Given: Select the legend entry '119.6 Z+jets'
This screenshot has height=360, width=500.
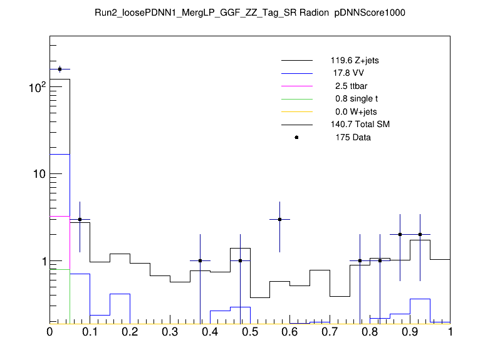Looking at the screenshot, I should [x=355, y=61].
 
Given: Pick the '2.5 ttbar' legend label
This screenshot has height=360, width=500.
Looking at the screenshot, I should [x=352, y=86].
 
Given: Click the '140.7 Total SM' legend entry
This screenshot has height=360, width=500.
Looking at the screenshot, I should [x=360, y=125].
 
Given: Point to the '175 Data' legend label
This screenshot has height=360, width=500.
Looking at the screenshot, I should [x=353, y=137].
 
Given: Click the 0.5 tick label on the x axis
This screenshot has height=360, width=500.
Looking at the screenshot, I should [x=250, y=332].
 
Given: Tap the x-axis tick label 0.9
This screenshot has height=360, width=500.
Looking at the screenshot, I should [x=410, y=332].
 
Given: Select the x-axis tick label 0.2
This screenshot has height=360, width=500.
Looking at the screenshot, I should [x=130, y=332].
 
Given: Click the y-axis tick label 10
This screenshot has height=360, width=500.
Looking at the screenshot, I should [x=36, y=174].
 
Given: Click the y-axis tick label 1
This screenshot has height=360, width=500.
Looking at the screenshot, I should [x=41, y=261].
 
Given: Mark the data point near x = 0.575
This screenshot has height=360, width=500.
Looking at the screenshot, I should [x=280, y=219].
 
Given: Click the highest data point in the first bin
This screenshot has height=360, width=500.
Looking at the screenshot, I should [x=60, y=69].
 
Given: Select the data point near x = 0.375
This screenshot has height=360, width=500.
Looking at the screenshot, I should [x=200, y=260].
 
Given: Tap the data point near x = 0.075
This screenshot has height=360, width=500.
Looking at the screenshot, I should [x=80, y=219].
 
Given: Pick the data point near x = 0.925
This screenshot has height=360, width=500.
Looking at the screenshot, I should [x=420, y=234].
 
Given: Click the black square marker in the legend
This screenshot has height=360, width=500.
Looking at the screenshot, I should [x=296, y=137].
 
